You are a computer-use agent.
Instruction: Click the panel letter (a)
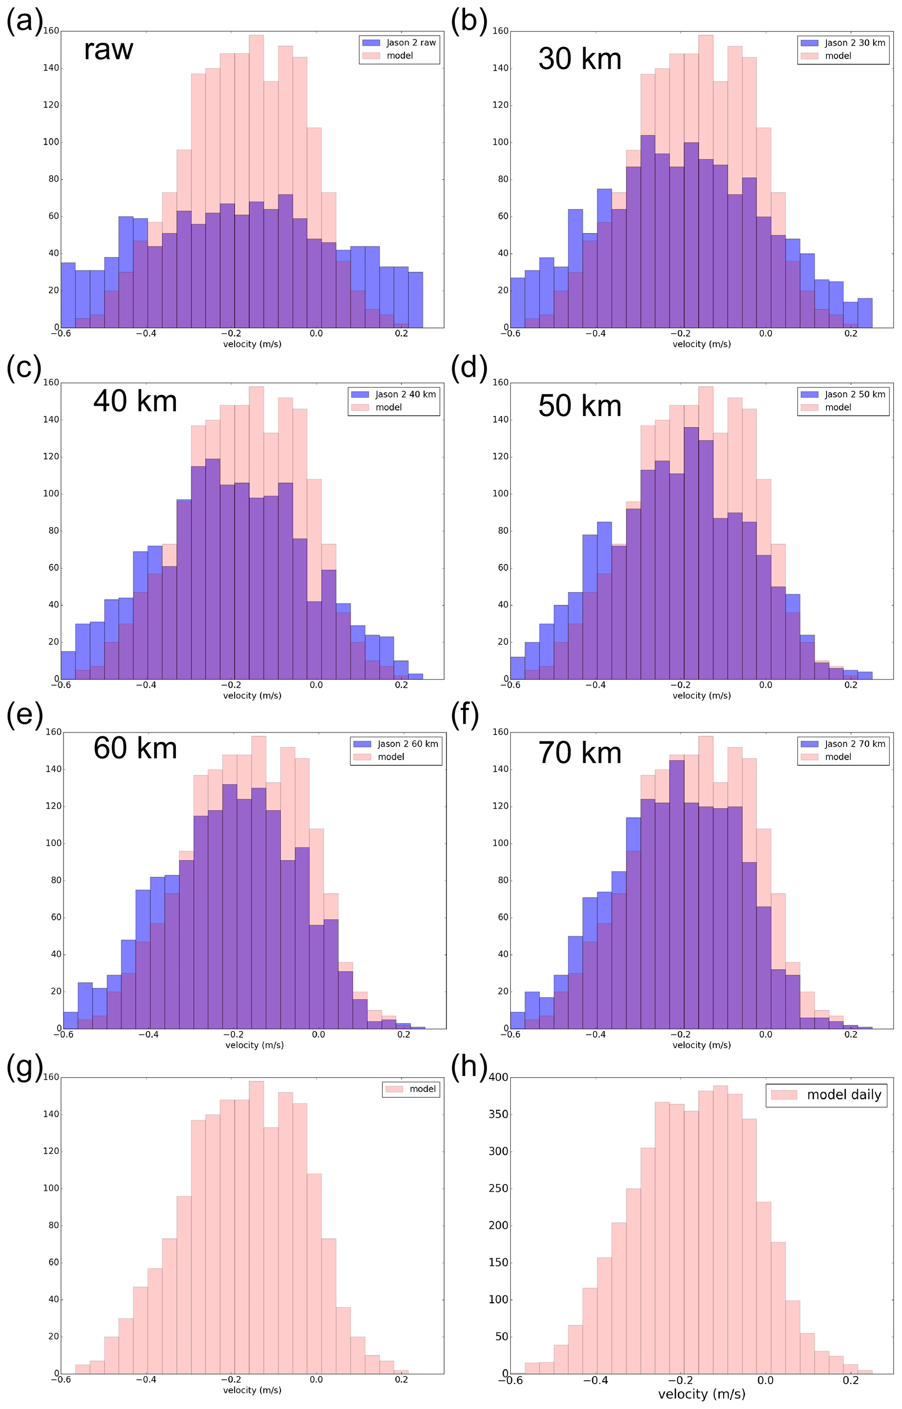[x=24, y=22]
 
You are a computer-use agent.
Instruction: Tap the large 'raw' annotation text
[x=108, y=49]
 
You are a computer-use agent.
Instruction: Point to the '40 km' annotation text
[x=135, y=401]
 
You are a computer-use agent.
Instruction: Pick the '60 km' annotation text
[x=135, y=748]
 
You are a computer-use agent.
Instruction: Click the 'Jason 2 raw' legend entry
[x=411, y=43]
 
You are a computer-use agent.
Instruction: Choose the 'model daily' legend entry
[x=844, y=1094]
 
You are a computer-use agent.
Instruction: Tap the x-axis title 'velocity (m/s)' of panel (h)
[x=701, y=1394]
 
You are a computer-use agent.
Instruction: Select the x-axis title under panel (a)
[x=252, y=344]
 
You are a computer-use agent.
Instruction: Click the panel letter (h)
[x=469, y=1067]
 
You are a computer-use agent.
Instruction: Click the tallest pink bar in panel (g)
[x=256, y=1224]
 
